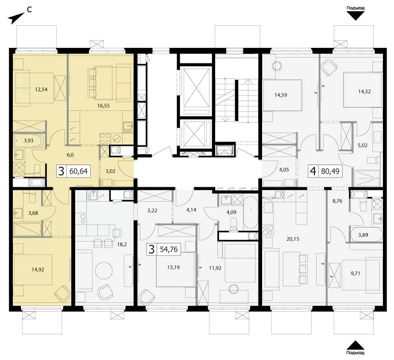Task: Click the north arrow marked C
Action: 15,18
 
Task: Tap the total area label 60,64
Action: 78,171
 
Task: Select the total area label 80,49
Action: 330,171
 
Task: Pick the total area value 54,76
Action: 169,249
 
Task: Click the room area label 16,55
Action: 104,106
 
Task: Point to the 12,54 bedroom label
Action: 41,89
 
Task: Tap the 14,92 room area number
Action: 38,270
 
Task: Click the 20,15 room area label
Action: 293,239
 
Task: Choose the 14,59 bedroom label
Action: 281,95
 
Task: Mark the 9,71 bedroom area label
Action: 355,273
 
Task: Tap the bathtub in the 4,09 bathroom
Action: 250,213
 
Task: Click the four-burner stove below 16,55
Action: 105,138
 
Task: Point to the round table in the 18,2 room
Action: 104,271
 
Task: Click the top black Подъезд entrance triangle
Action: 355,16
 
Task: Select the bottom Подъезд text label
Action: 355,353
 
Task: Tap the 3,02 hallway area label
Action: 110,171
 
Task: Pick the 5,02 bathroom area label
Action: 363,145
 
